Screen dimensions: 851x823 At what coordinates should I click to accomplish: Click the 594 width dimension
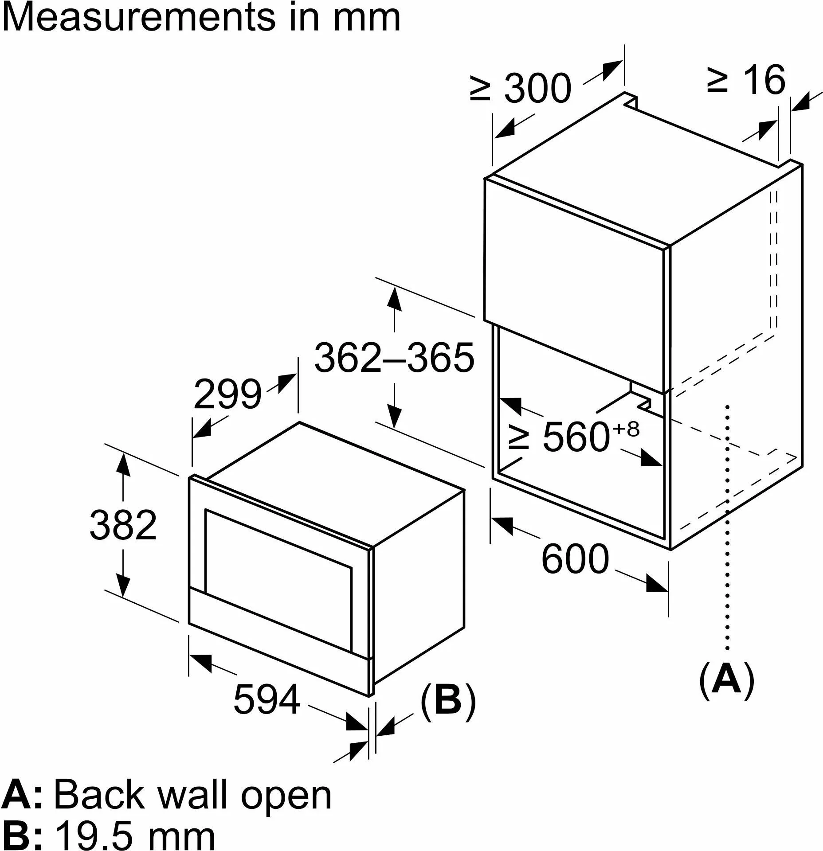click(266, 700)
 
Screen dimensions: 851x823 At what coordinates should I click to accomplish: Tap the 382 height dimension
click(123, 525)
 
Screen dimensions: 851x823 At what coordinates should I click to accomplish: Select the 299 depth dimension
click(227, 394)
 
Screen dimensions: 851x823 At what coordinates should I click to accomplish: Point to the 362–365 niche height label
click(394, 358)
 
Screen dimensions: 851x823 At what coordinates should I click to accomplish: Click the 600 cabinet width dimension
click(575, 559)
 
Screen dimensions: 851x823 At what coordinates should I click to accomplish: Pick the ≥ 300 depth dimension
click(521, 89)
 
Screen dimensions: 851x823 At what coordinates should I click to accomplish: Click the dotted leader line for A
click(728, 532)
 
